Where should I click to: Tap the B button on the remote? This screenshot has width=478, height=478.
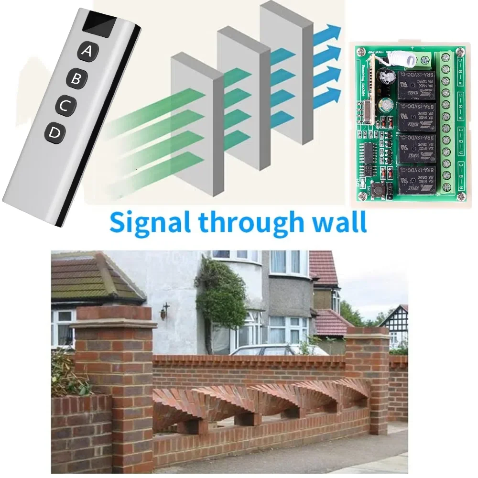point(76,78)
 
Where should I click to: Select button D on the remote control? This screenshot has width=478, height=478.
point(54,134)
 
